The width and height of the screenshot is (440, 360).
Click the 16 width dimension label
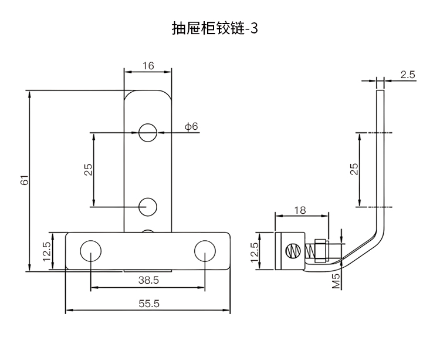[147, 66]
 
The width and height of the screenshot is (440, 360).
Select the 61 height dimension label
[24, 181]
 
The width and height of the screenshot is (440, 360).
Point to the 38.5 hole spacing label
[148, 281]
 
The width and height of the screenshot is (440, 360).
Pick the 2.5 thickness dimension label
[408, 75]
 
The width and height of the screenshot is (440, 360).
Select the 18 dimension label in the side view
[300, 210]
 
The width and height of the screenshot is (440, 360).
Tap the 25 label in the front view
[88, 170]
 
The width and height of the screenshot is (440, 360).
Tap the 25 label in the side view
[354, 170]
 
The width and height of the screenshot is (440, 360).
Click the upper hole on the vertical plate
[148, 133]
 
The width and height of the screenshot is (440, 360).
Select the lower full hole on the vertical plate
[148, 207]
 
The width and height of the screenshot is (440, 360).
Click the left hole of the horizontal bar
[91, 250]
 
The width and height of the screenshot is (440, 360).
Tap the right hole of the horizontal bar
[205, 250]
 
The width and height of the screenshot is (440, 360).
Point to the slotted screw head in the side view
[290, 251]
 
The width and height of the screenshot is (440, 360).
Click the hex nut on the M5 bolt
[320, 250]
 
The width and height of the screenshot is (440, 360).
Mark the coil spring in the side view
[306, 251]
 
